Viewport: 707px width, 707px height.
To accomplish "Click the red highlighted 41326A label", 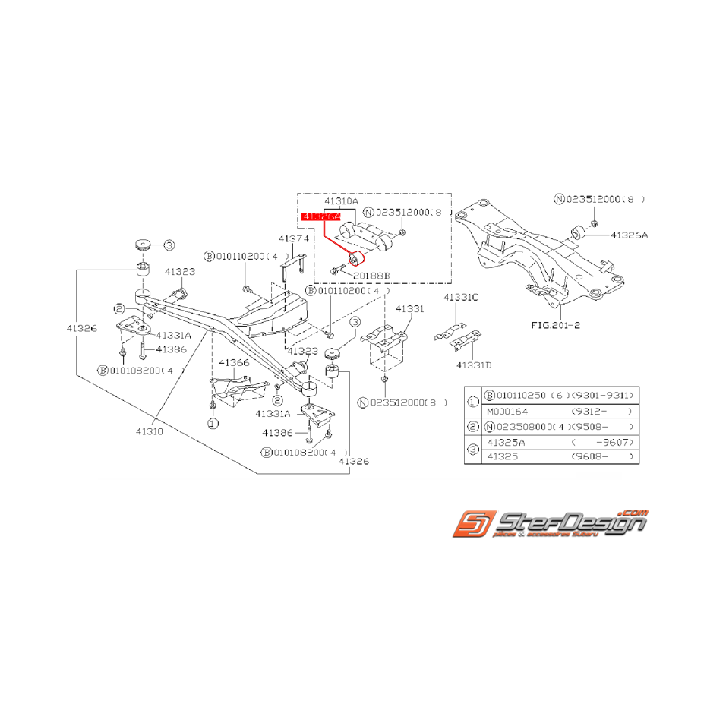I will coord(320,217).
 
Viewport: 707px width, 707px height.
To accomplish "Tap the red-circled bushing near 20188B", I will coord(354,260).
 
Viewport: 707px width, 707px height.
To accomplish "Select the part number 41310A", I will coord(340,202).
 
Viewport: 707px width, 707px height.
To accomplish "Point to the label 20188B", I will coord(371,276).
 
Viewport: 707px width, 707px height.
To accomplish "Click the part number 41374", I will coord(293,238).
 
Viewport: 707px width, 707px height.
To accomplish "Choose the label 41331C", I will coord(461,297).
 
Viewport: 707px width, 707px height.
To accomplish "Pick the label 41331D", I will coord(474,365).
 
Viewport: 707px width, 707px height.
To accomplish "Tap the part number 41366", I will coord(234,363).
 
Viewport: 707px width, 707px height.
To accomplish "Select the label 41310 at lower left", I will coord(152,431).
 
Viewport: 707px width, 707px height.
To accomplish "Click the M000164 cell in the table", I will coord(507,411).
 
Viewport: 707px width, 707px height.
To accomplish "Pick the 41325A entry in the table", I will coord(507,442).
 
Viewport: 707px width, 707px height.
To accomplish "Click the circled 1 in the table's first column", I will coord(472,403).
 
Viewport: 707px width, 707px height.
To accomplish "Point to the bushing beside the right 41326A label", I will coord(576,231).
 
